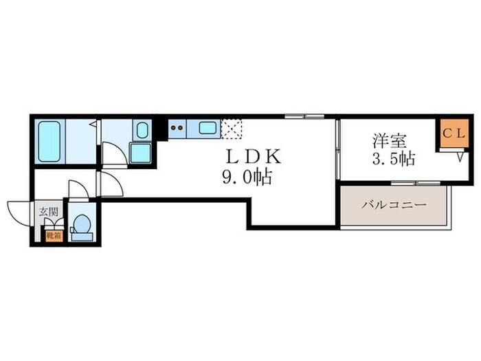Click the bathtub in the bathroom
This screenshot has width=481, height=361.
50,141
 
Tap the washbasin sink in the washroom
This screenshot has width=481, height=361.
142,130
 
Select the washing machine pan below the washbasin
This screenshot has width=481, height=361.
140,153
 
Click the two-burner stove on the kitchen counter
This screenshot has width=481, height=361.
176,127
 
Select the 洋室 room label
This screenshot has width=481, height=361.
388,141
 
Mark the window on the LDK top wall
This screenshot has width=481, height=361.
304,116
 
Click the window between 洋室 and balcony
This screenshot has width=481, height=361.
405,183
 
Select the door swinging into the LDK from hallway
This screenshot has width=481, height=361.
110,184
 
